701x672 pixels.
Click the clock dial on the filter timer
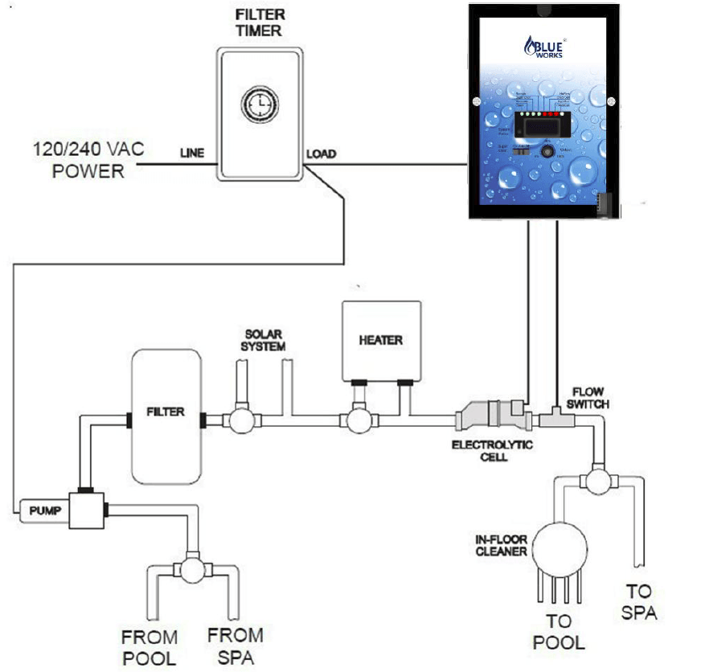pos(260,105)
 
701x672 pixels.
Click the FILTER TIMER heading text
pos(260,23)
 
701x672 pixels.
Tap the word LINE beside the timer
pos(193,153)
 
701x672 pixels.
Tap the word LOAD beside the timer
pos(322,154)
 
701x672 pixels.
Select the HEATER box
pos(381,340)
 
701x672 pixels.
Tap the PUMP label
pos(40,510)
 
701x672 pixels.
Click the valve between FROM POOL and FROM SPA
pos(192,570)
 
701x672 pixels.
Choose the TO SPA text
pos(638,603)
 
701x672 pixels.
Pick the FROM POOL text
pos(150,648)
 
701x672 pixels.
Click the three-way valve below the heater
pos(353,420)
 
